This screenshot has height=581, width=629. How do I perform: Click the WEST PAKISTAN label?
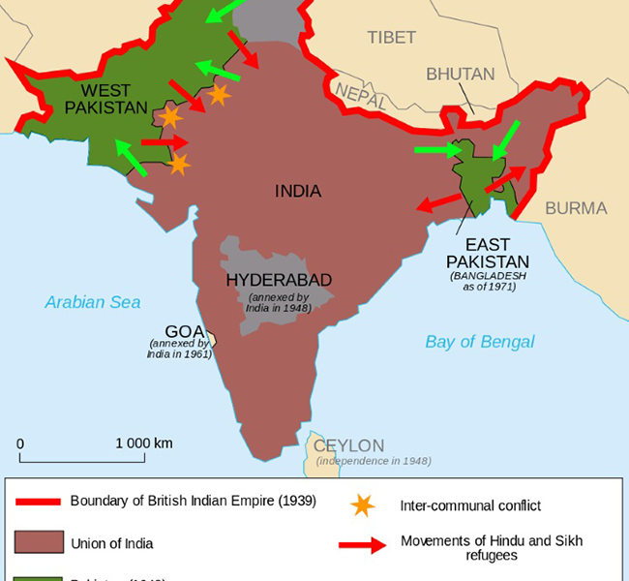pyautogui.click(x=99, y=98)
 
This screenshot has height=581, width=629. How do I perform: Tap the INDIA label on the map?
pyautogui.click(x=298, y=191)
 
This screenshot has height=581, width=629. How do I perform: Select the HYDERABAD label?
pyautogui.click(x=279, y=280)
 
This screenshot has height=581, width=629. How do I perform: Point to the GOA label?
pyautogui.click(x=184, y=330)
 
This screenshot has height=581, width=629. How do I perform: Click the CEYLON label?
pyautogui.click(x=348, y=445)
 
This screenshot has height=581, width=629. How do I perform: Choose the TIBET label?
pyautogui.click(x=391, y=38)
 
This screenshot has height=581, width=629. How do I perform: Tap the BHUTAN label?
pyautogui.click(x=461, y=74)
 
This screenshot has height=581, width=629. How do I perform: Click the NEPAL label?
pyautogui.click(x=360, y=93)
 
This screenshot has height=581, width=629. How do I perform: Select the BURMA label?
pyautogui.click(x=576, y=208)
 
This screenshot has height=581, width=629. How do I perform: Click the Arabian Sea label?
pyautogui.click(x=93, y=302)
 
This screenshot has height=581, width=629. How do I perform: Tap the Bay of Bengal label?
pyautogui.click(x=480, y=342)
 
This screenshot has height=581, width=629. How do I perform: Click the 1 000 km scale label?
pyautogui.click(x=144, y=443)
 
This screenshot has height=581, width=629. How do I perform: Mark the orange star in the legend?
pyautogui.click(x=362, y=505)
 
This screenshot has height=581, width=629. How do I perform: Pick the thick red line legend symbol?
pyautogui.click(x=35, y=502)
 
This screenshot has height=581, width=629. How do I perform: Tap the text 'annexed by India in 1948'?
pyautogui.click(x=279, y=303)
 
